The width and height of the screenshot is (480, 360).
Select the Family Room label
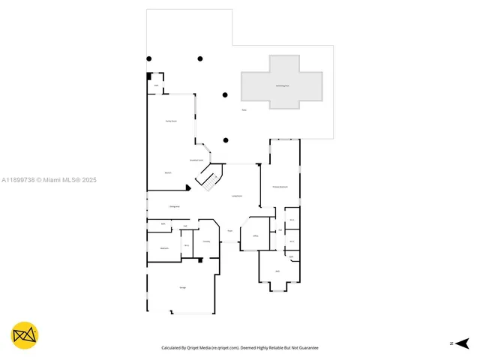pyautogui.click(x=171, y=121)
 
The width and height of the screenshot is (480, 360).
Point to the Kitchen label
pyautogui.click(x=169, y=173)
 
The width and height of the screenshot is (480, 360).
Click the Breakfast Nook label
pyautogui.click(x=197, y=160)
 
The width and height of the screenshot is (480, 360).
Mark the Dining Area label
pyautogui.click(x=174, y=206)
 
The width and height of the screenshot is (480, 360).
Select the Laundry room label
pyautogui.click(x=206, y=241)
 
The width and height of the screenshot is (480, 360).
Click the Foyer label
pyautogui.click(x=230, y=231)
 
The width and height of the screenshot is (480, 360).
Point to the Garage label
pyautogui.click(x=182, y=288)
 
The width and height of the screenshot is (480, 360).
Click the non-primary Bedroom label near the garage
pyautogui.click(x=163, y=248)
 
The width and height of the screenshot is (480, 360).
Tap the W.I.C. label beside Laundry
pyautogui.click(x=187, y=245)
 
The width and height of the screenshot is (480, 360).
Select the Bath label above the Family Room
pyautogui.click(x=156, y=85)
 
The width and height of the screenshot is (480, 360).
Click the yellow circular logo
pyautogui.click(x=25, y=335)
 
